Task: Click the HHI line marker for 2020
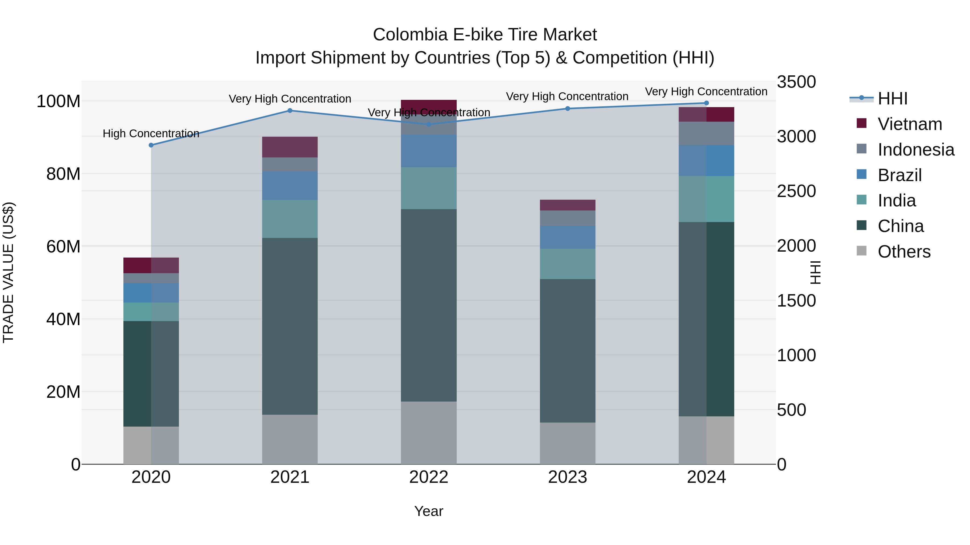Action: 151,145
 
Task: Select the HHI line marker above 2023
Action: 567,109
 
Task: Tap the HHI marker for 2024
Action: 706,103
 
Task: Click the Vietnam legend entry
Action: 909,124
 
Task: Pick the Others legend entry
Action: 904,252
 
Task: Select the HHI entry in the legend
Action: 892,99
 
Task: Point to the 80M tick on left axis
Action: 63,174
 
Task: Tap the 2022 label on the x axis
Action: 428,477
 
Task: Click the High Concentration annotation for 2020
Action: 151,133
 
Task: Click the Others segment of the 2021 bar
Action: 290,439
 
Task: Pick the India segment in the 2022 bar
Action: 428,188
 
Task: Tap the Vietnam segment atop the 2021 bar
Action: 290,147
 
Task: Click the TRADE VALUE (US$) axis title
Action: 8,272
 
